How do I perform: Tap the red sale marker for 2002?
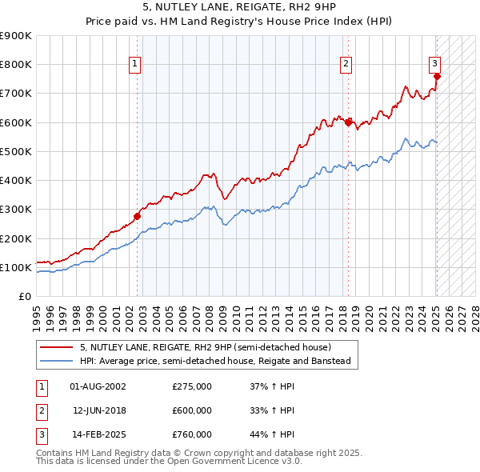tap(137, 216)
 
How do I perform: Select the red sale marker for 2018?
tap(348, 122)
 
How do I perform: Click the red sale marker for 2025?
tap(437, 76)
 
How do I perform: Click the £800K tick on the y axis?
tap(16, 65)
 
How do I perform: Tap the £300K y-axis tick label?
tap(16, 210)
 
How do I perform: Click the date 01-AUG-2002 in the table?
tap(98, 386)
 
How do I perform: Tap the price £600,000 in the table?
tap(192, 410)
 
